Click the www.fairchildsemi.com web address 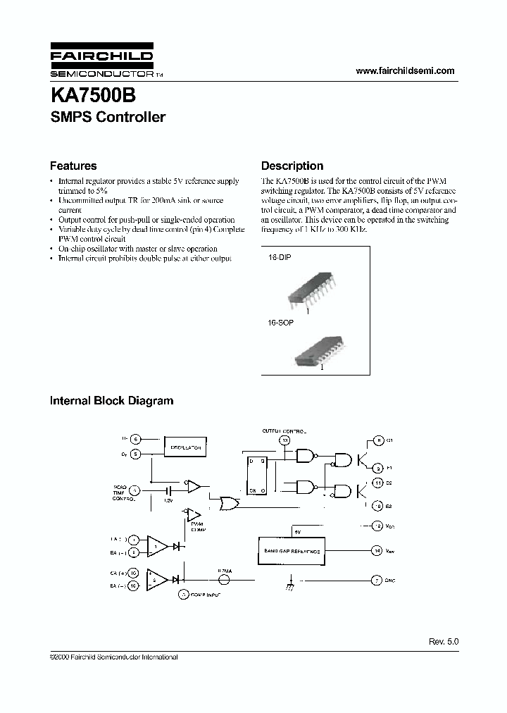point(405,70)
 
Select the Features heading point(73,166)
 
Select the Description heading point(292,166)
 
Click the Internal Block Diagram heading point(111,401)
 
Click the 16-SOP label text point(280,322)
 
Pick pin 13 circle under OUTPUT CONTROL point(284,440)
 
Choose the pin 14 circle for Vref point(377,550)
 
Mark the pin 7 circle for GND point(377,580)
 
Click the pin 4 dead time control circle point(134,490)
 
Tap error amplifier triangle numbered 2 point(157,579)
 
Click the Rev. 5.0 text point(443,642)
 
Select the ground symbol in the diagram point(289,583)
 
